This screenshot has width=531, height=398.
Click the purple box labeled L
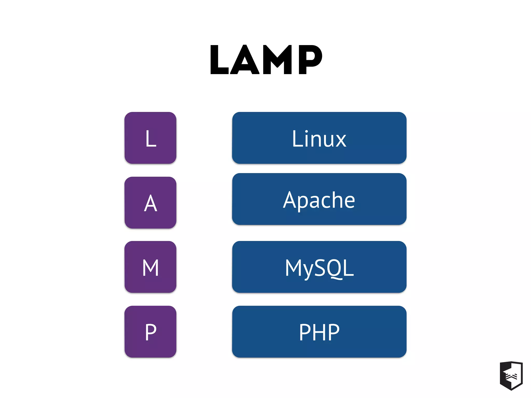(150, 138)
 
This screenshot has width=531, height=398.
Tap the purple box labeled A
(150, 203)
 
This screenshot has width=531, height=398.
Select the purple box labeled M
(150, 267)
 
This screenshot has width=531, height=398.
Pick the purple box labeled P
(150, 332)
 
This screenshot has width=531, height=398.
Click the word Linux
(319, 139)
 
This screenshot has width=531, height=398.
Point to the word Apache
(319, 200)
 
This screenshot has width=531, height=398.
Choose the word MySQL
(319, 268)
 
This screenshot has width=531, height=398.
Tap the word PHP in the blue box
(319, 332)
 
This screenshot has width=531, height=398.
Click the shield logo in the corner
(511, 375)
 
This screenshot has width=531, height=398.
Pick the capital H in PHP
(319, 332)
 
